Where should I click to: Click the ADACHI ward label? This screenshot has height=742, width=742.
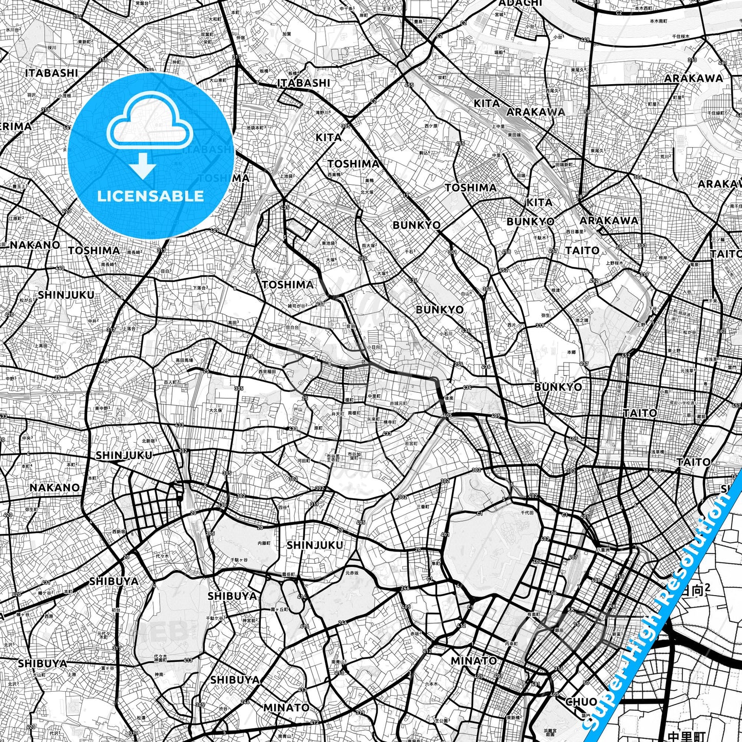(x=520, y=3)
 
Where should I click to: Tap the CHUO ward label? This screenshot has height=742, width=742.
(x=581, y=701)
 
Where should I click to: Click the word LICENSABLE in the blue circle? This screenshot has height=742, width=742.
(x=150, y=196)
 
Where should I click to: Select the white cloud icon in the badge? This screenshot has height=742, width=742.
(x=149, y=123)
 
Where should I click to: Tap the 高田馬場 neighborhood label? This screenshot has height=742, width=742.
(x=184, y=360)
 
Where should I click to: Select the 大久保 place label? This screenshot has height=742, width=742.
(x=216, y=410)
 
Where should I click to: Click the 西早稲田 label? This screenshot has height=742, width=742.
(x=267, y=371)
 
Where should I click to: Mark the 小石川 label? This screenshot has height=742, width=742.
(x=446, y=333)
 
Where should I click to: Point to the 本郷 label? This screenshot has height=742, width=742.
(x=571, y=352)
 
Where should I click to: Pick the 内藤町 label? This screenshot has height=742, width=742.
(x=264, y=542)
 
